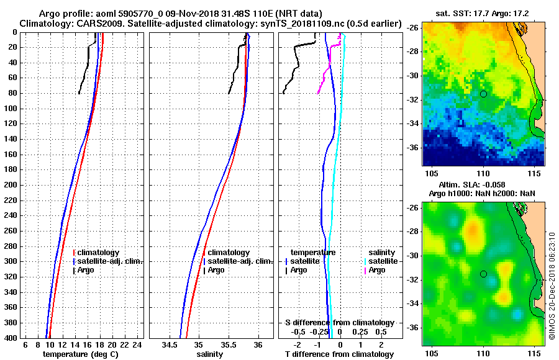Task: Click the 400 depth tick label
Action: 10,338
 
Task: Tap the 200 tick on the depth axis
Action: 10,185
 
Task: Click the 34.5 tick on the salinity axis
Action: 169,345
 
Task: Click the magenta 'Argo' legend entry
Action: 377,270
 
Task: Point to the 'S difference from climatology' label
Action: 339,323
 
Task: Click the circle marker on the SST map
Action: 483,94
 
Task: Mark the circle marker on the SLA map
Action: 483,274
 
